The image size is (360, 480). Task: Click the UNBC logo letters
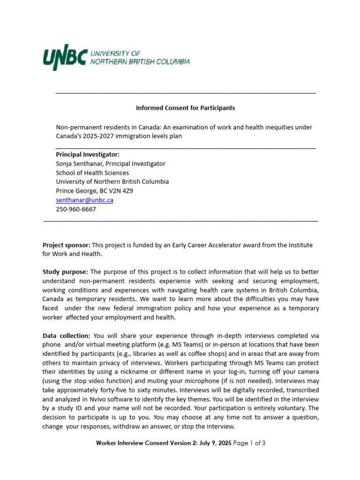(65, 58)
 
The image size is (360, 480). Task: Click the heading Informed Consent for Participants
(185, 108)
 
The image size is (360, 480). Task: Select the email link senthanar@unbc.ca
(84, 200)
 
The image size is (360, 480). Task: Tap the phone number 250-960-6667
(76, 209)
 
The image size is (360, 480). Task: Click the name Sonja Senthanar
(79, 164)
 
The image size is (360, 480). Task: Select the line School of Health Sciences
(92, 172)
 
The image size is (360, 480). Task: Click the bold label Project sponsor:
(66, 245)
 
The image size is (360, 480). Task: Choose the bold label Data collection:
(67, 336)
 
